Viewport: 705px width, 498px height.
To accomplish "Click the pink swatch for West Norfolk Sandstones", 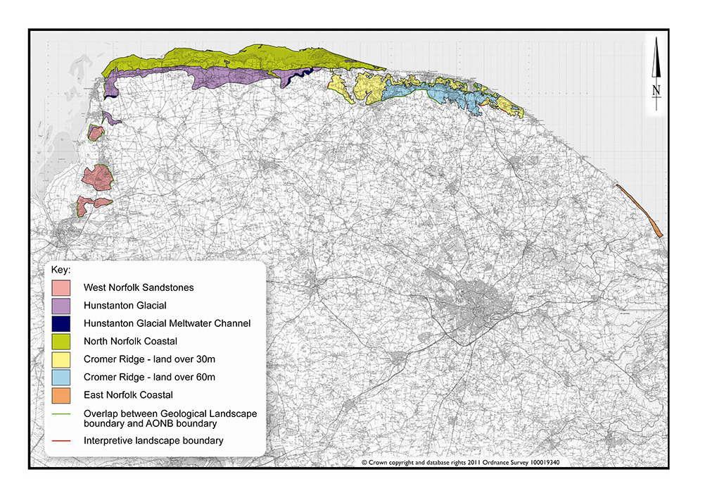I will [61, 288].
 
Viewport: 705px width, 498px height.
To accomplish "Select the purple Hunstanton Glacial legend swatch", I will [61, 306].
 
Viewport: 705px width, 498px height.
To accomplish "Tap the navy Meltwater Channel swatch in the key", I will [61, 323].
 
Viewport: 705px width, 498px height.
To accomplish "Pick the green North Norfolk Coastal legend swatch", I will [61, 342].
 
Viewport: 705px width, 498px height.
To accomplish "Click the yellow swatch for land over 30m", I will [61, 359].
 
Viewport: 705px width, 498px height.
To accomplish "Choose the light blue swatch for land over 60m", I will [61, 378].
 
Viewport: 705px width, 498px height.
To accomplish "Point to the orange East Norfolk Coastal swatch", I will [61, 395].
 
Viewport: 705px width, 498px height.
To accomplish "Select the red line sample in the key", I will [61, 441].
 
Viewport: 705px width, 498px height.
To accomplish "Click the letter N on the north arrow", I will [656, 89].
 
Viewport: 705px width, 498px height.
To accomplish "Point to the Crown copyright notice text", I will [464, 463].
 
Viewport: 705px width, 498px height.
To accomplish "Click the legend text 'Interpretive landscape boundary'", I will [153, 441].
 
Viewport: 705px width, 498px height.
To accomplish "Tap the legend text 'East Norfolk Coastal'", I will [127, 395].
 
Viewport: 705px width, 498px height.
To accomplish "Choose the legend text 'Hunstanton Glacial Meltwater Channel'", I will [167, 323].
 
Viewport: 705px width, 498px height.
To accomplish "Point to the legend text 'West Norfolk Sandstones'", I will [138, 288].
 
